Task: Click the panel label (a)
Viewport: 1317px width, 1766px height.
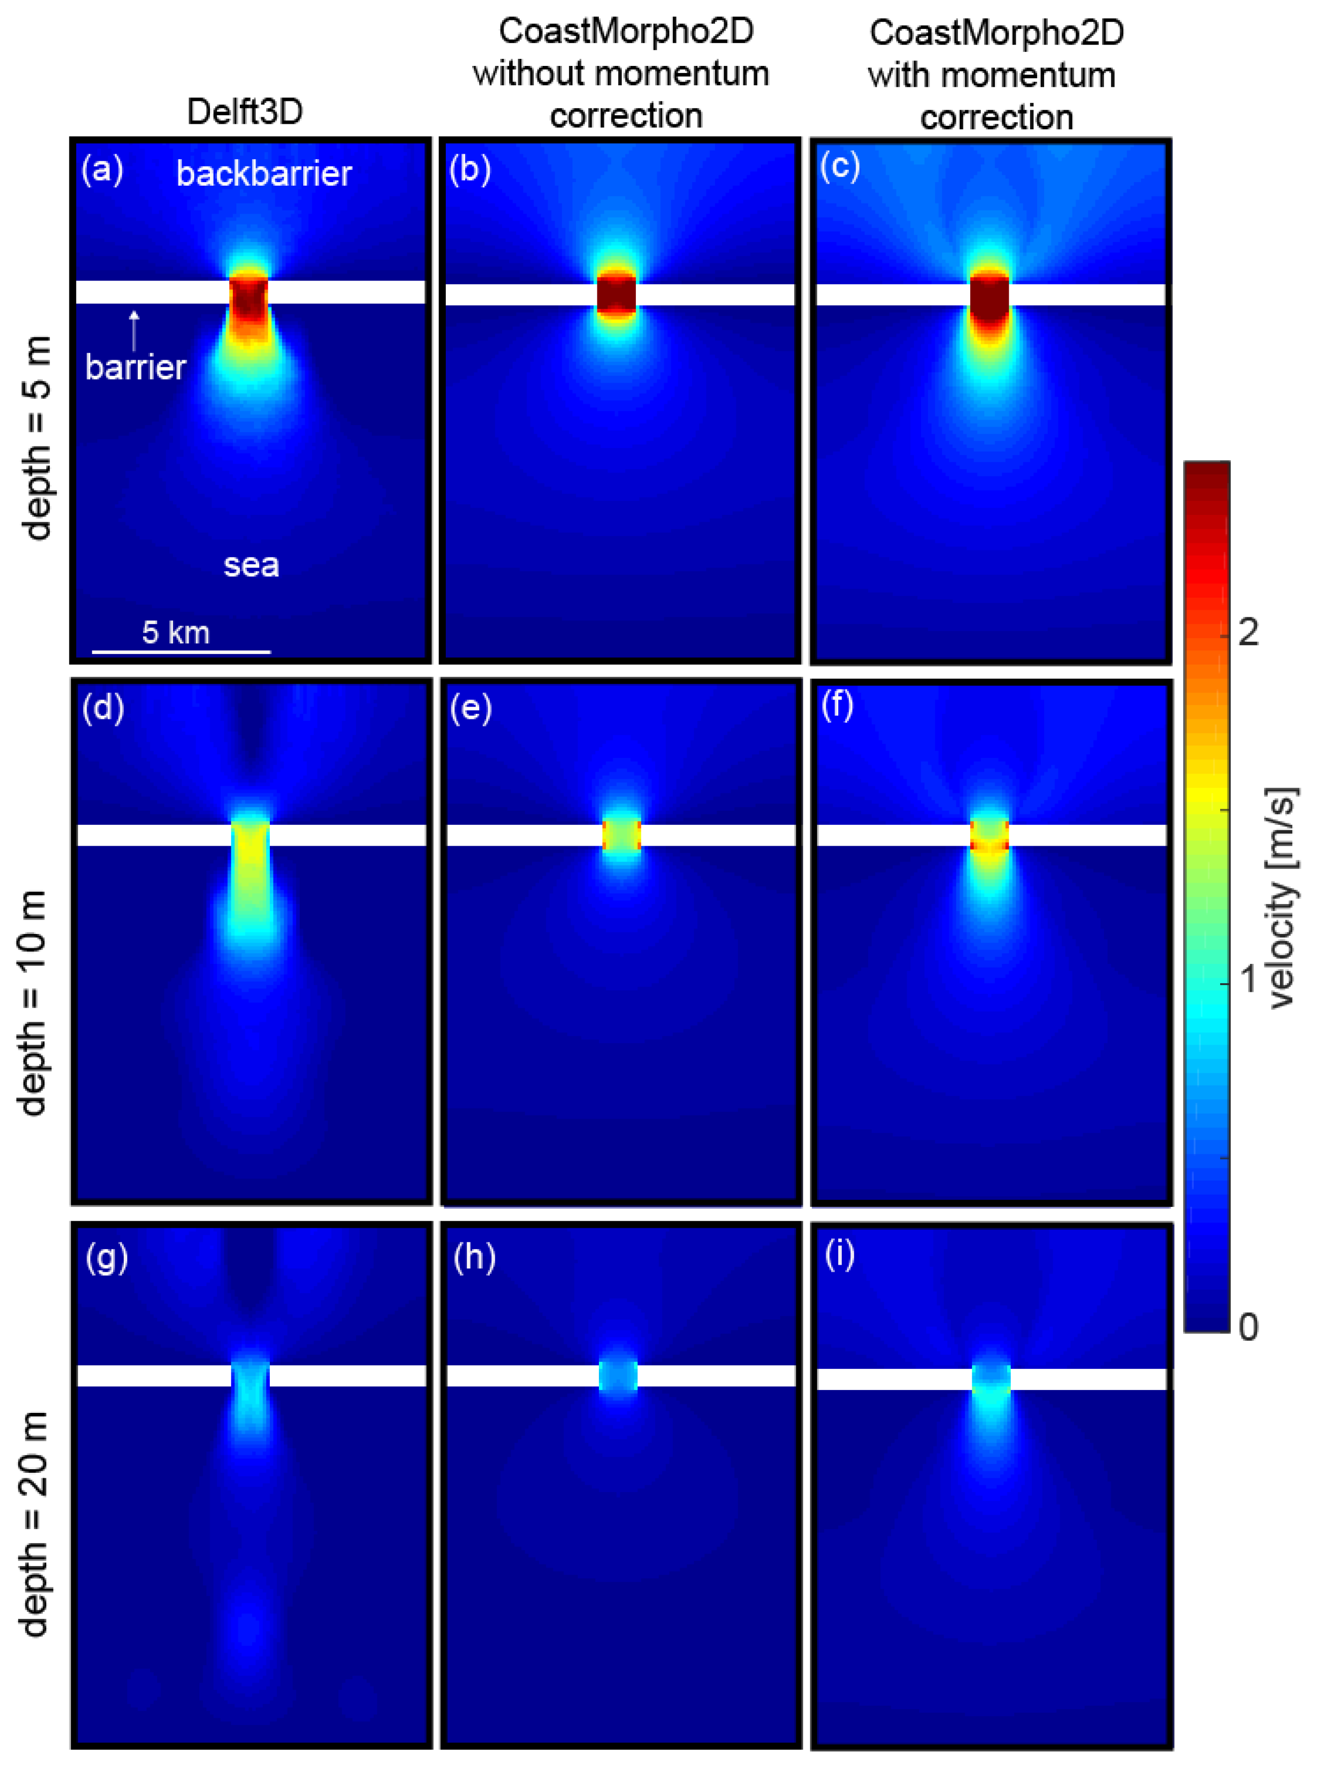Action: [x=102, y=170]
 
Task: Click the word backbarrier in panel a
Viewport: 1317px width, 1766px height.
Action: [x=264, y=174]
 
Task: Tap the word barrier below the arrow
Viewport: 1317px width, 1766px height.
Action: [x=135, y=367]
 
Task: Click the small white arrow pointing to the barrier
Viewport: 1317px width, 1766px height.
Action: [x=134, y=329]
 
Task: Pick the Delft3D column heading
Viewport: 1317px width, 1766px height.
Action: [x=245, y=112]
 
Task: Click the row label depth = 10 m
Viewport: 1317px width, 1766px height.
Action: [x=33, y=1002]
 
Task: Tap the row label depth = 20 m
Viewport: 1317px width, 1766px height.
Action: [x=33, y=1523]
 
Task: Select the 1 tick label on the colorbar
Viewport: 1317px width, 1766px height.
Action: [x=1249, y=980]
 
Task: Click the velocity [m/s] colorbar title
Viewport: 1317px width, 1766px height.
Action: [x=1281, y=897]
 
